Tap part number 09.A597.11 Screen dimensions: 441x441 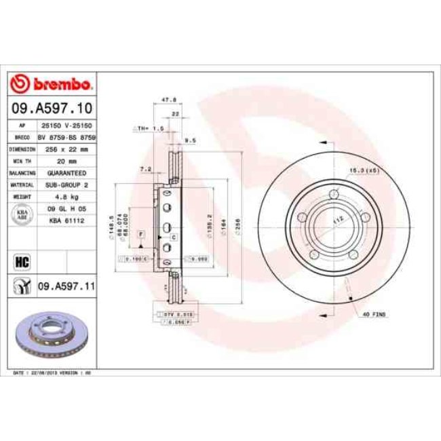click(65, 288)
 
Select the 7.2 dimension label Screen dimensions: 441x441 click(145, 168)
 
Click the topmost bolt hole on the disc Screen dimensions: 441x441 click(334, 195)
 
